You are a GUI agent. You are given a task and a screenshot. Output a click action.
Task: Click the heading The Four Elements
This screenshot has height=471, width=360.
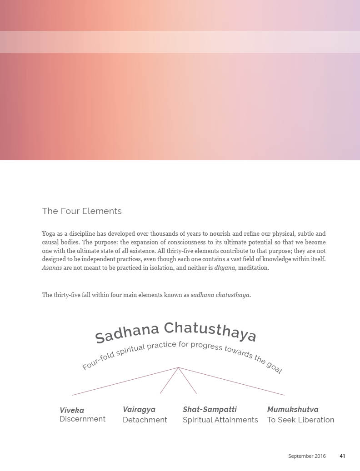point(82,211)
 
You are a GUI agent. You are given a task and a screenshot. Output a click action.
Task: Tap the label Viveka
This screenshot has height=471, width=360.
point(72,410)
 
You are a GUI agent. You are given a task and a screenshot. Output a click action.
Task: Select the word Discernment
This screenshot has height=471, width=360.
point(82,419)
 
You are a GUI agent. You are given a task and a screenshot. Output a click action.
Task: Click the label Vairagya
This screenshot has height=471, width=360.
point(139,409)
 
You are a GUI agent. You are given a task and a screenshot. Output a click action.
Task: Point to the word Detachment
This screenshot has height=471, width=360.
point(145,420)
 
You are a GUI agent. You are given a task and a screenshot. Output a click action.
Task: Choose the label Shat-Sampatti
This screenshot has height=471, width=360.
point(210,409)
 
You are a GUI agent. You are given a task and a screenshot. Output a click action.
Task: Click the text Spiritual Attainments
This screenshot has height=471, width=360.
point(220,420)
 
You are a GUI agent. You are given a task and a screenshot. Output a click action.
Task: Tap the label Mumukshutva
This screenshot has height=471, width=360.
point(293,409)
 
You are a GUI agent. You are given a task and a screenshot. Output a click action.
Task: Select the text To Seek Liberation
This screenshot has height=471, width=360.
point(300,420)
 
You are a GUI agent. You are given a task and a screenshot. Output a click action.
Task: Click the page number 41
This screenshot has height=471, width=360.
point(342,456)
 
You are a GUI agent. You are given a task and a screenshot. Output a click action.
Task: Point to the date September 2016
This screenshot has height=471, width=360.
point(307,456)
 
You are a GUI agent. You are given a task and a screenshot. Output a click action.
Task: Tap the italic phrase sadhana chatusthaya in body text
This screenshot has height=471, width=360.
point(220,295)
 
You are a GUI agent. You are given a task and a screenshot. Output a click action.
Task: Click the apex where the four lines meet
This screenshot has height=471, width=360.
point(178,367)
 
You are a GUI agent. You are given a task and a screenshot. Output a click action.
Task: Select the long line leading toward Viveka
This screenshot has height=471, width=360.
point(125,381)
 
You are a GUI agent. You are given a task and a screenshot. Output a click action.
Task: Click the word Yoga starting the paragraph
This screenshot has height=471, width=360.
point(49,233)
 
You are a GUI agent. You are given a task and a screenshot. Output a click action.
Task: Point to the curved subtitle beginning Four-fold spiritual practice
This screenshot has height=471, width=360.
point(182,352)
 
